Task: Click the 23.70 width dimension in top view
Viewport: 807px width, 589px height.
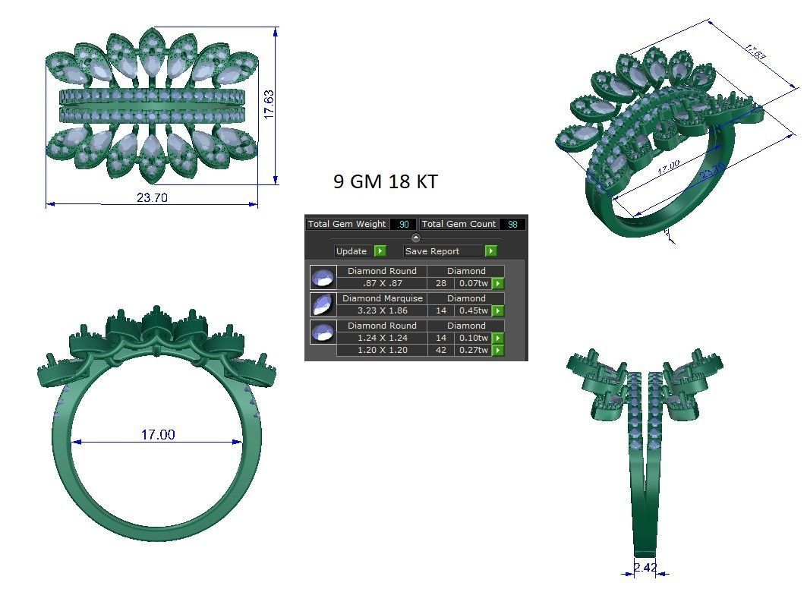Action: [x=152, y=197]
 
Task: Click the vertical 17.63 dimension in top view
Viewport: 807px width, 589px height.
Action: [x=269, y=104]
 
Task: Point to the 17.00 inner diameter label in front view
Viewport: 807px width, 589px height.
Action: [x=157, y=435]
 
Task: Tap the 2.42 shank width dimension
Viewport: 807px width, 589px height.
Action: [x=645, y=568]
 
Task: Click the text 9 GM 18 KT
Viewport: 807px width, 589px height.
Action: [x=385, y=181]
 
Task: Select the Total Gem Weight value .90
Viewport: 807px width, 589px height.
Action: [x=403, y=224]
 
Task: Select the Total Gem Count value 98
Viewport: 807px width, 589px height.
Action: [x=512, y=224]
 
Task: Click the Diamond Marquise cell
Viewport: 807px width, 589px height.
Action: [x=382, y=298]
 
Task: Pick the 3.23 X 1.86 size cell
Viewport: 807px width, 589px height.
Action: [x=382, y=310]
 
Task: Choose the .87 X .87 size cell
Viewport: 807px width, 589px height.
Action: [x=382, y=283]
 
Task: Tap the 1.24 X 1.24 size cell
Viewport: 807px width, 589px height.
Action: [x=382, y=338]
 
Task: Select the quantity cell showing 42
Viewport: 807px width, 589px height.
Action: [x=441, y=350]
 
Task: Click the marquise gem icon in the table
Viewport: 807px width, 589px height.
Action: [x=323, y=304]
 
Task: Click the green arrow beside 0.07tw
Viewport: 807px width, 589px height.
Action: [x=498, y=283]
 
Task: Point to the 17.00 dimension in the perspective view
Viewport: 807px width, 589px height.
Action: [x=668, y=167]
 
